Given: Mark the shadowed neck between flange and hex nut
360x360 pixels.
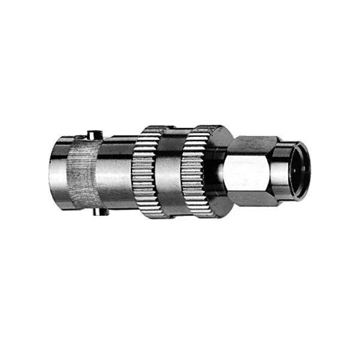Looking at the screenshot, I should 232,174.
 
